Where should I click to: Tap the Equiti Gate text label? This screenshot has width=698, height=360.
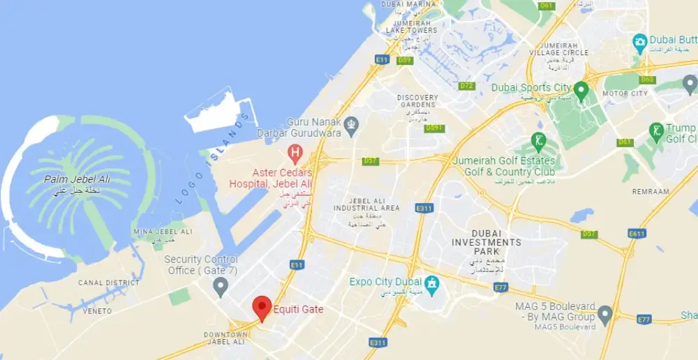299,309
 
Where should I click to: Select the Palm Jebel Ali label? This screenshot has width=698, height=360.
77,180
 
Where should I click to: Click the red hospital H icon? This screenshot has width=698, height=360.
295,151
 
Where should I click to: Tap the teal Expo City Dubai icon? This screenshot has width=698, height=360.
432,283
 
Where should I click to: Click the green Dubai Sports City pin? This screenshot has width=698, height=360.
581,89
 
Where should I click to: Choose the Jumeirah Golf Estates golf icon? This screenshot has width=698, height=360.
537,140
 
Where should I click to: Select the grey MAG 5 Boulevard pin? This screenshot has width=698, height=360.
605,313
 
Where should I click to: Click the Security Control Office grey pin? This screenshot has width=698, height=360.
221,285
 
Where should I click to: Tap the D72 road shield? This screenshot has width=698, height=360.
467,86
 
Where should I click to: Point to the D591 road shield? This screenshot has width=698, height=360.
434,128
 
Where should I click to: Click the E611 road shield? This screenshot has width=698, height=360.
637,234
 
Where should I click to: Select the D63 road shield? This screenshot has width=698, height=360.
647,80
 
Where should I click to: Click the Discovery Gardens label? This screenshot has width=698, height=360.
417,101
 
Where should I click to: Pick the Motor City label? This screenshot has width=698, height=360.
625,93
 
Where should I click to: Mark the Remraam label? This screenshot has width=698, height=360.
650,191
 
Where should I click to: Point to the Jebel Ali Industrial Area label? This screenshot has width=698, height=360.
366,204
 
